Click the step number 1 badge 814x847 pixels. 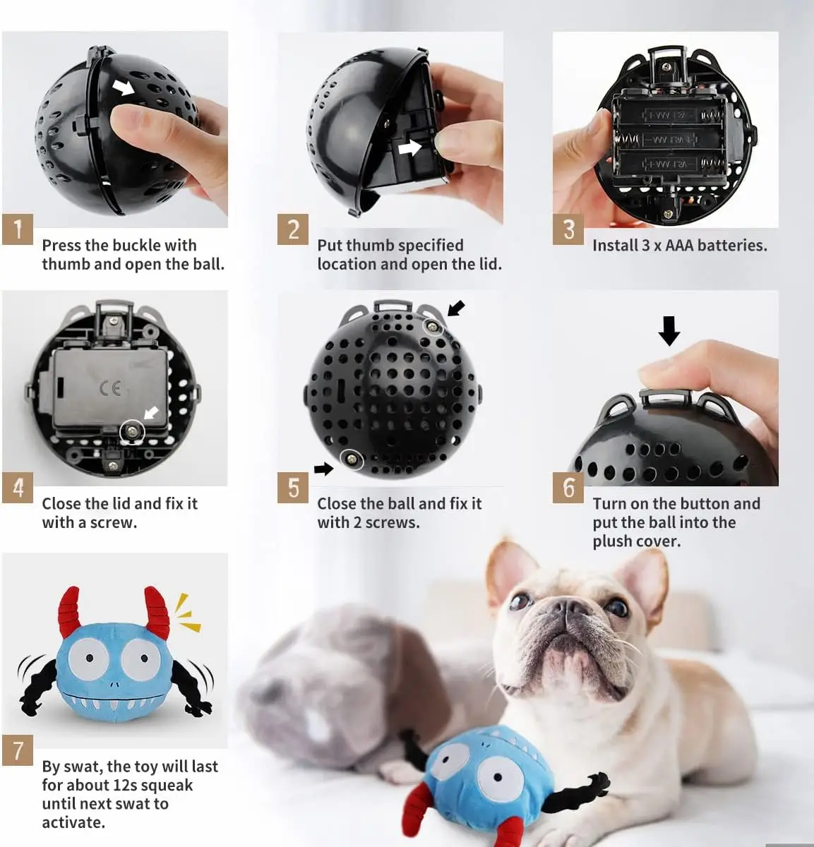[18, 229]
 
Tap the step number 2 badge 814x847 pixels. [293, 229]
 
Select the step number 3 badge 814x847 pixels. [568, 229]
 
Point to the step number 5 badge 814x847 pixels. [293, 488]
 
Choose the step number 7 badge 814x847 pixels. [18, 750]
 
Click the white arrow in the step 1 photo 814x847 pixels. [124, 87]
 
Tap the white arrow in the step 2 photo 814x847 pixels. [409, 148]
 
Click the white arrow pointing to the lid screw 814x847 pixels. [152, 412]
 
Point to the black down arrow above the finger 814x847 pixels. [669, 331]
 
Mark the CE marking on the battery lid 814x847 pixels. [110, 388]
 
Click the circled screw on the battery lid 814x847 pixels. [132, 431]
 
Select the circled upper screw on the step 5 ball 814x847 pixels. [433, 326]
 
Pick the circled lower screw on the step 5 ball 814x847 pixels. [352, 459]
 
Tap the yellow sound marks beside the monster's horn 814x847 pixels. [188, 613]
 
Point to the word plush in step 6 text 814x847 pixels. [614, 541]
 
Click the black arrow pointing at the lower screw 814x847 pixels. [323, 469]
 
